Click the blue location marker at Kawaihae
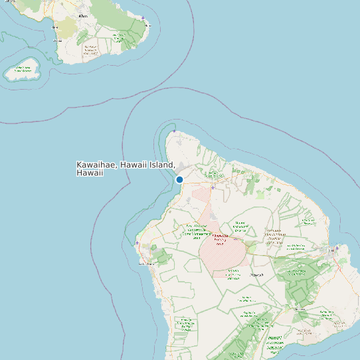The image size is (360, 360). click(179, 179)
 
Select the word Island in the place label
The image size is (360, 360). click(160, 165)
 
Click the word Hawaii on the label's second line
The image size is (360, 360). click(90, 173)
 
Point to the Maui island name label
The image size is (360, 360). click(82, 15)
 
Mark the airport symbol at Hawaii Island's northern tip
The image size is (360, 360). click(174, 131)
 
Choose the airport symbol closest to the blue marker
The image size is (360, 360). click(213, 187)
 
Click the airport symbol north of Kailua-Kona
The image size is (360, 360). click(137, 243)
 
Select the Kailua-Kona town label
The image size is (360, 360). click(146, 264)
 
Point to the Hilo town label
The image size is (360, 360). click(330, 251)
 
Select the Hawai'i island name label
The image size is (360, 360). click(256, 274)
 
